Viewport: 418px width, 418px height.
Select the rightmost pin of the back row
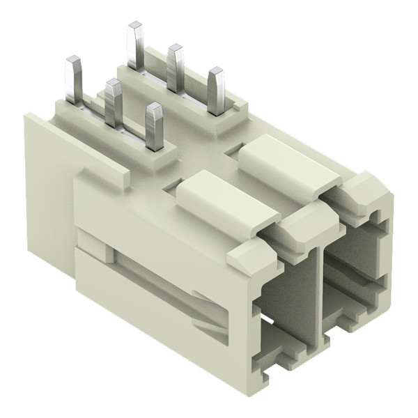pyautogui.click(x=216, y=90)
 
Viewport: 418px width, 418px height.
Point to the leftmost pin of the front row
pyautogui.click(x=74, y=81)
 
